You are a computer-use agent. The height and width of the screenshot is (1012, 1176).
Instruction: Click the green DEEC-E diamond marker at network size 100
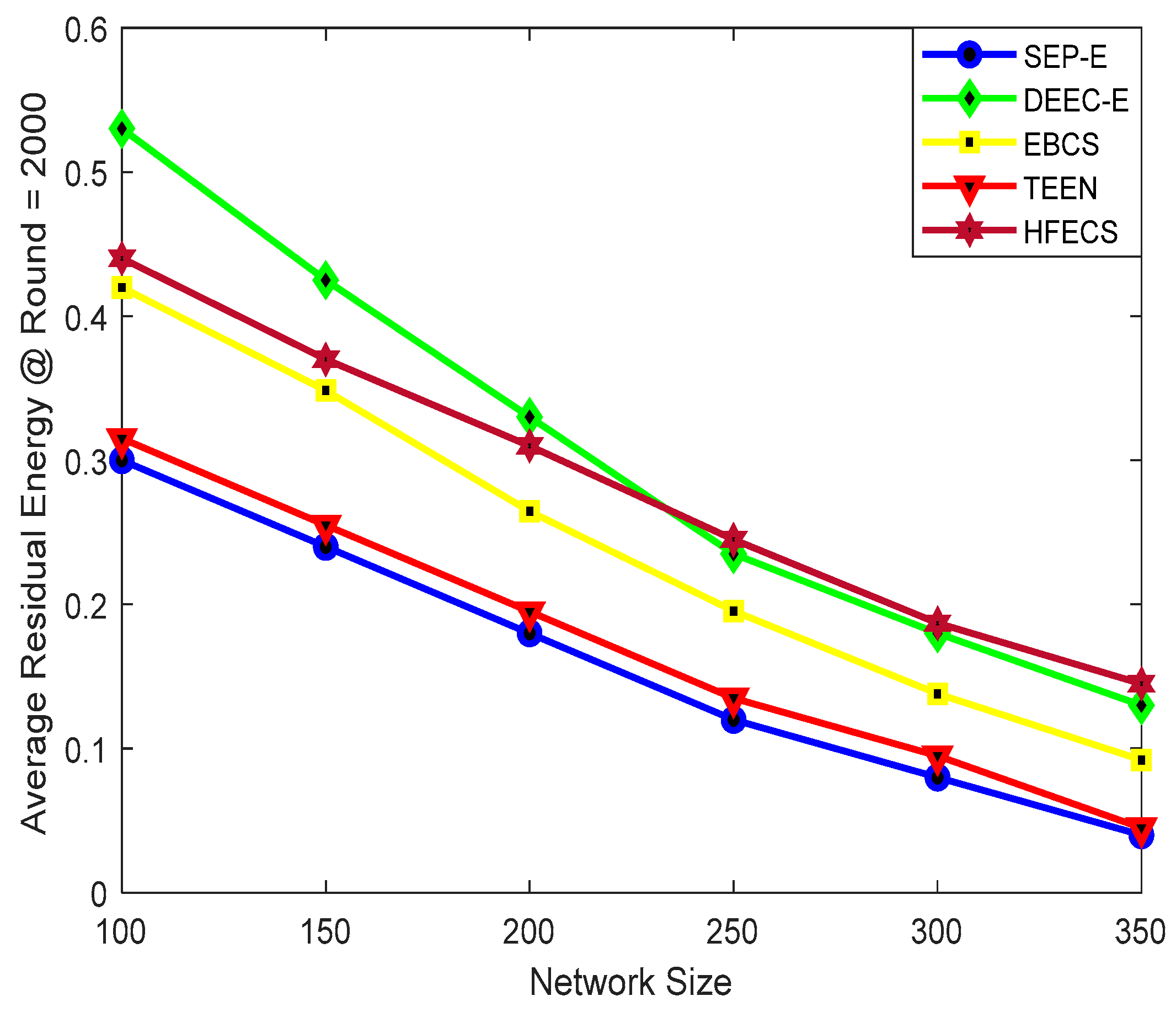point(122,130)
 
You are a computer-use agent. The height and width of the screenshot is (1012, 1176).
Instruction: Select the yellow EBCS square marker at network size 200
point(530,511)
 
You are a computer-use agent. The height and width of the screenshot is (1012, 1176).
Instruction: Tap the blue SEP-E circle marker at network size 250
point(733,720)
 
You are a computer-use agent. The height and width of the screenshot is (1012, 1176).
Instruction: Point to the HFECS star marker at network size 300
point(937,623)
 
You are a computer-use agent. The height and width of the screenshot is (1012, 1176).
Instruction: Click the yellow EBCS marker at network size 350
point(1141,760)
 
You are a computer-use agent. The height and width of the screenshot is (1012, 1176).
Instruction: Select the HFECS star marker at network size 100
point(122,259)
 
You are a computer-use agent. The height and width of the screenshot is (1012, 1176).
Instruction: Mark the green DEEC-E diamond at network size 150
point(326,280)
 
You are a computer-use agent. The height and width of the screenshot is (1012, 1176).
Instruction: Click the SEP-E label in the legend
point(1065,57)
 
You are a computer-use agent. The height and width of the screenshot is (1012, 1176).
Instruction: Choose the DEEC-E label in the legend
point(1076,100)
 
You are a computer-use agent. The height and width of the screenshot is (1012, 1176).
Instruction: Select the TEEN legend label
point(1060,188)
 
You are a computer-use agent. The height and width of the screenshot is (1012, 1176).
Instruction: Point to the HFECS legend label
point(1071,232)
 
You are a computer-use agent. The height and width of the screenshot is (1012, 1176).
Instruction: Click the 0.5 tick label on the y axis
point(85,172)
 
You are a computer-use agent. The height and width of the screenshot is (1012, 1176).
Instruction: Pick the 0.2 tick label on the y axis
point(85,605)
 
